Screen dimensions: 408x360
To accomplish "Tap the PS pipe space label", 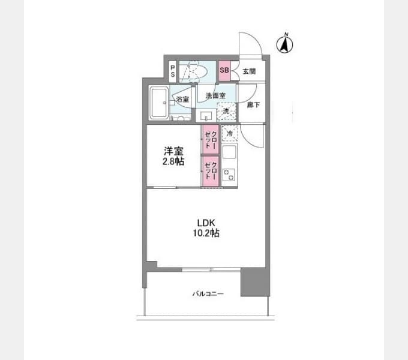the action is coord(173,71).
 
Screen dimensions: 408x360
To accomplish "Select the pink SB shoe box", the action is coord(224,70).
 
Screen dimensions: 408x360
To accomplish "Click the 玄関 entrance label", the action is coord(249,71).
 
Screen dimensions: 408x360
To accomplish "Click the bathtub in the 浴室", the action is coord(159,103).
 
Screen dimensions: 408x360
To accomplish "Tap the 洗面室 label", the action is coord(215,96).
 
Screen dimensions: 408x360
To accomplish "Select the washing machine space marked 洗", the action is coord(226,112).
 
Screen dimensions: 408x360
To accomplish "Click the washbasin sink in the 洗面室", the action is coord(206,115).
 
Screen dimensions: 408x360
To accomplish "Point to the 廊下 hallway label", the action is coord(253,105).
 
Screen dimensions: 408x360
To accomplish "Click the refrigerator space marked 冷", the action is coord(229,133).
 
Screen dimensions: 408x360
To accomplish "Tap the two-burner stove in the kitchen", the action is coord(229,175).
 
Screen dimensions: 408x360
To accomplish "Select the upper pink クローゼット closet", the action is coord(211,139).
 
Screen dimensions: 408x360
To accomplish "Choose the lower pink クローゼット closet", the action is coord(211,171).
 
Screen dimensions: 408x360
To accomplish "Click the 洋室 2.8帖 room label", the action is coord(173,156).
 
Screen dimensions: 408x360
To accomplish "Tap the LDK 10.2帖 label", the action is coord(206,228).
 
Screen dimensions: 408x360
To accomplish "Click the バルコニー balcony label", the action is coord(208,294).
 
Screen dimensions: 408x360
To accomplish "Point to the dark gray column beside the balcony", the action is coord(255,282).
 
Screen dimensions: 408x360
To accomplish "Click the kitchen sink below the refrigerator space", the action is coord(229,152).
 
